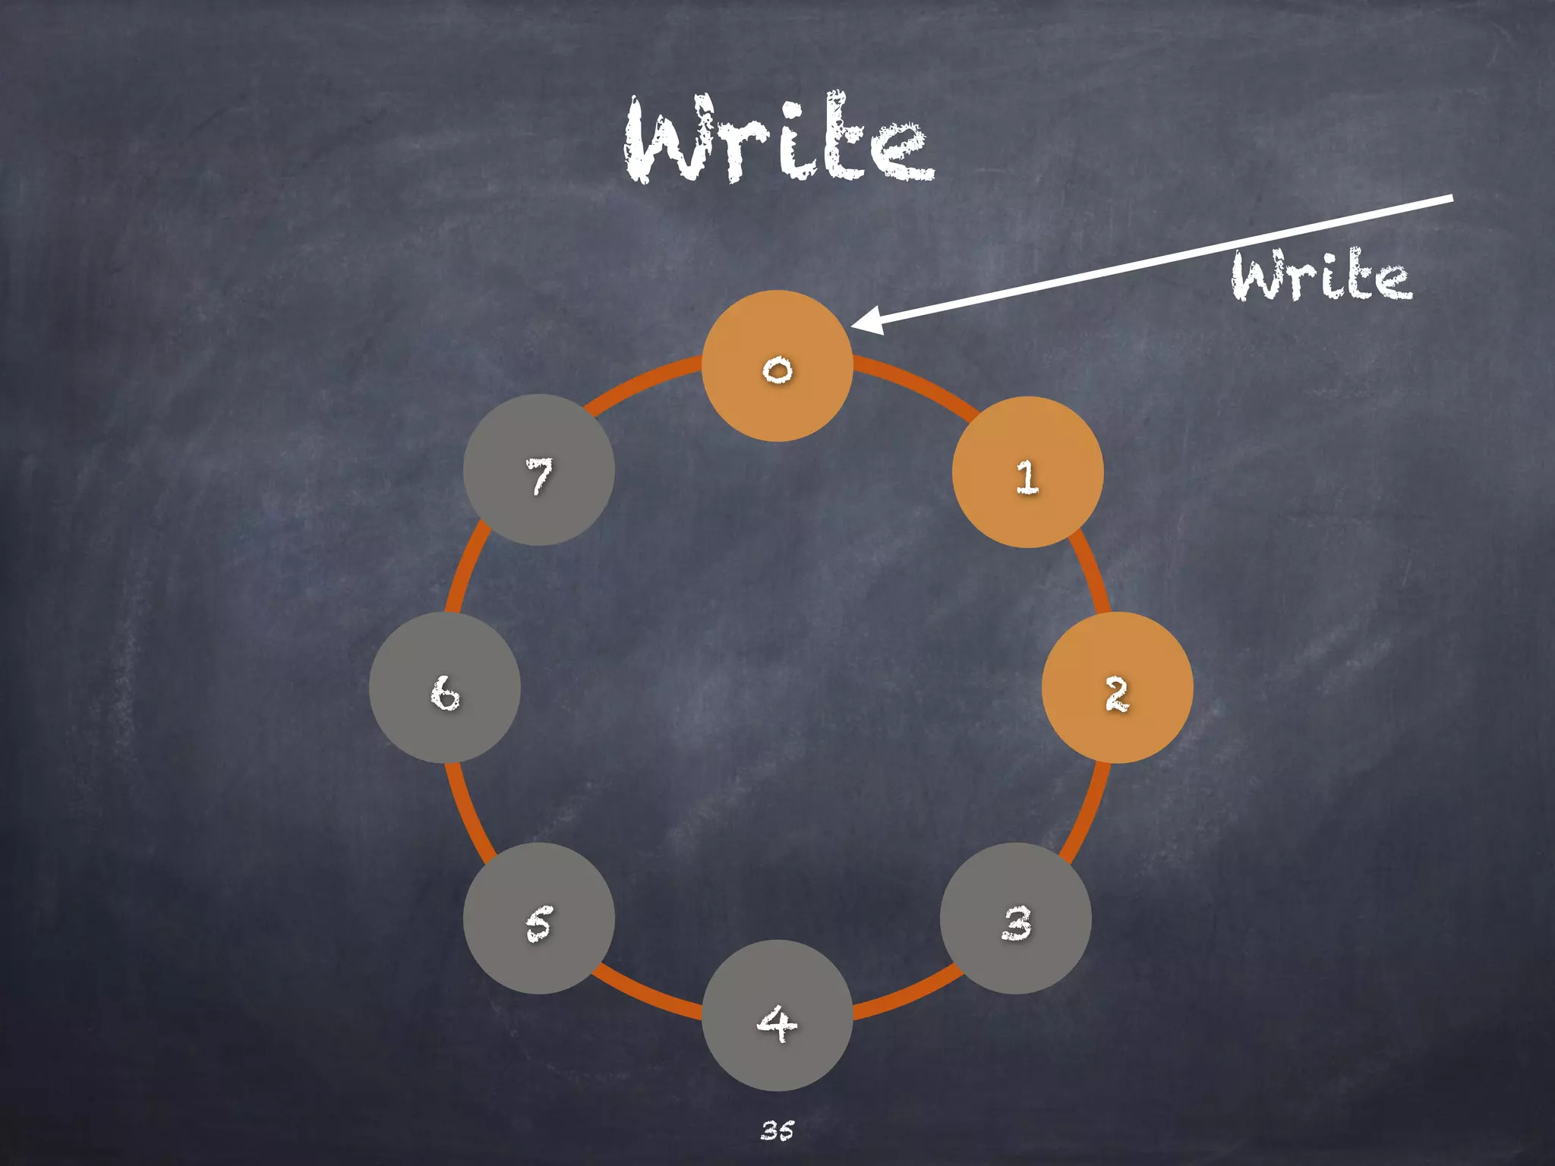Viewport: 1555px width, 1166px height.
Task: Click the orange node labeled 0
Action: [x=777, y=366]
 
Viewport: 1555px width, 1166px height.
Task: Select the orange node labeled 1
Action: [x=1027, y=472]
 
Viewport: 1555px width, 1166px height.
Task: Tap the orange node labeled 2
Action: [x=1117, y=688]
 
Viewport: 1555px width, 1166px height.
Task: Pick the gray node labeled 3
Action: [x=1016, y=919]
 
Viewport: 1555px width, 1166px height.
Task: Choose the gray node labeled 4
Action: [x=777, y=1016]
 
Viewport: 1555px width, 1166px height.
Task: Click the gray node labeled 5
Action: [x=539, y=919]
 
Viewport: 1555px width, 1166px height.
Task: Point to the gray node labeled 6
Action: [x=445, y=688]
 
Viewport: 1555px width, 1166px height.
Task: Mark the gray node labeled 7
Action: [x=539, y=470]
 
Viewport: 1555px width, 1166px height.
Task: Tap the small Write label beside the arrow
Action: [x=1321, y=275]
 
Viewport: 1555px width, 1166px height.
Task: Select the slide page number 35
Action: [x=777, y=1130]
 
